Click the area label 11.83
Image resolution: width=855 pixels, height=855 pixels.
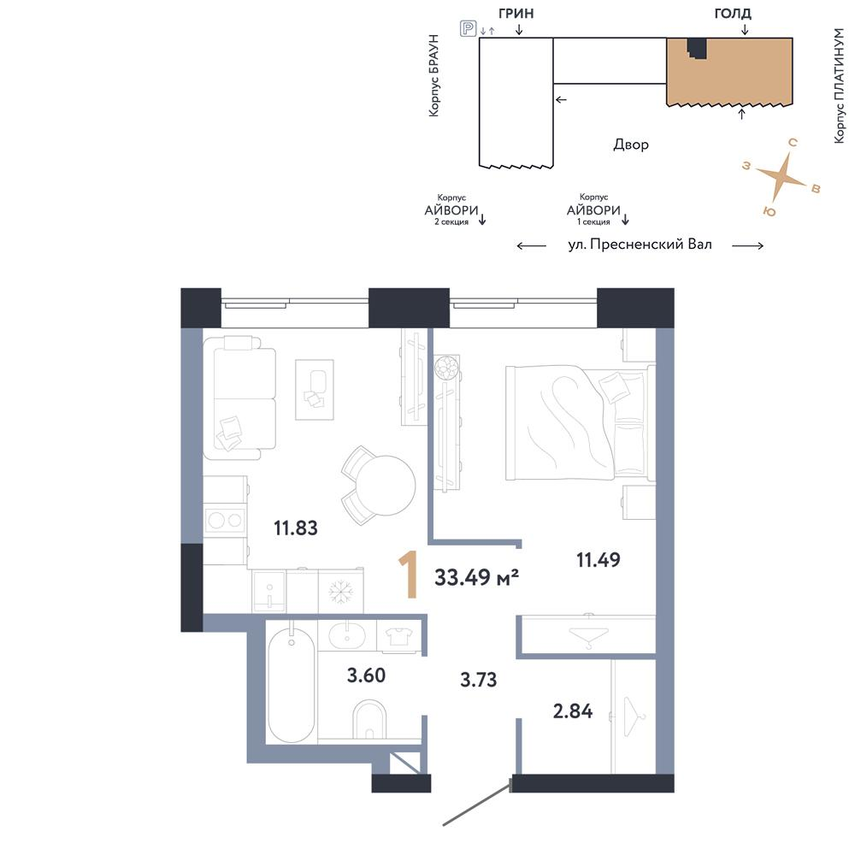coord(296,528)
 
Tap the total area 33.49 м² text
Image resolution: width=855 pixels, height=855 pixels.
coord(476,577)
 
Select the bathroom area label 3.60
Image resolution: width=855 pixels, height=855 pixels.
coord(367,675)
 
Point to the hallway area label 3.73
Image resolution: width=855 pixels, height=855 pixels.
coord(479,680)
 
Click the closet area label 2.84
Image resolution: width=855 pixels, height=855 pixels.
coord(573,711)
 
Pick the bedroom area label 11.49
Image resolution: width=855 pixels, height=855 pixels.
coord(598,560)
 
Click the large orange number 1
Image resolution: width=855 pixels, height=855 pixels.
coord(409,575)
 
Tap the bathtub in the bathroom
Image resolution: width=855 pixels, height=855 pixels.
coord(292,685)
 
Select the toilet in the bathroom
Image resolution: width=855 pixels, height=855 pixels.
coord(369,721)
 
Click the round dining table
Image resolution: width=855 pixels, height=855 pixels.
coord(386,486)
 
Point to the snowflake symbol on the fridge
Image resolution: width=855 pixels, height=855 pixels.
coord(341,593)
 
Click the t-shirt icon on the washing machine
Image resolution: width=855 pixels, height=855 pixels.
coord(398,636)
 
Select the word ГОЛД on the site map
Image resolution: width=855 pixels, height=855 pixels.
coord(733,14)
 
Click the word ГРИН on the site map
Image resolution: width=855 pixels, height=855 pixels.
coord(516,13)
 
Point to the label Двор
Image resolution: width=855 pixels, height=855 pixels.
coord(631,144)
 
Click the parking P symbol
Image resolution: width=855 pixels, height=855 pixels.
coord(468,28)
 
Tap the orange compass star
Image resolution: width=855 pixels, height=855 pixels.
coord(781,176)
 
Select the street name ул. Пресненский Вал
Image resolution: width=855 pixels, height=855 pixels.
coord(640,245)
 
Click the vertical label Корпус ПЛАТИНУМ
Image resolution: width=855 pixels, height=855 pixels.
coord(840,85)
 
